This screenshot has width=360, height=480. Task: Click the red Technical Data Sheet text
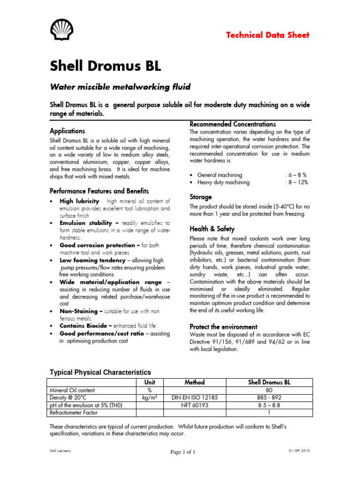tap(268, 35)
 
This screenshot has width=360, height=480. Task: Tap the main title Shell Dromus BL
tap(105, 67)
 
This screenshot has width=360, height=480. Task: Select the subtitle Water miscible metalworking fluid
tap(113, 87)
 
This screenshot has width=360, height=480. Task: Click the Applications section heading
tap(67, 131)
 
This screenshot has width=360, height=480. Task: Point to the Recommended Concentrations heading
tap(232, 124)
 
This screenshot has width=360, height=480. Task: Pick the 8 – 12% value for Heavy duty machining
tap(297, 182)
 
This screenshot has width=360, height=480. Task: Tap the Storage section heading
tap(201, 197)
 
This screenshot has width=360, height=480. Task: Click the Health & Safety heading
tap(212, 229)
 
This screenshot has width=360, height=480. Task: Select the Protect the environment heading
tap(223, 326)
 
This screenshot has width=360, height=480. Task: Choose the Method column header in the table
tap(195, 382)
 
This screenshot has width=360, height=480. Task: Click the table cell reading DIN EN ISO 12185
tap(195, 397)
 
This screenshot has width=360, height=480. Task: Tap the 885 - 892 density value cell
tap(269, 397)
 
